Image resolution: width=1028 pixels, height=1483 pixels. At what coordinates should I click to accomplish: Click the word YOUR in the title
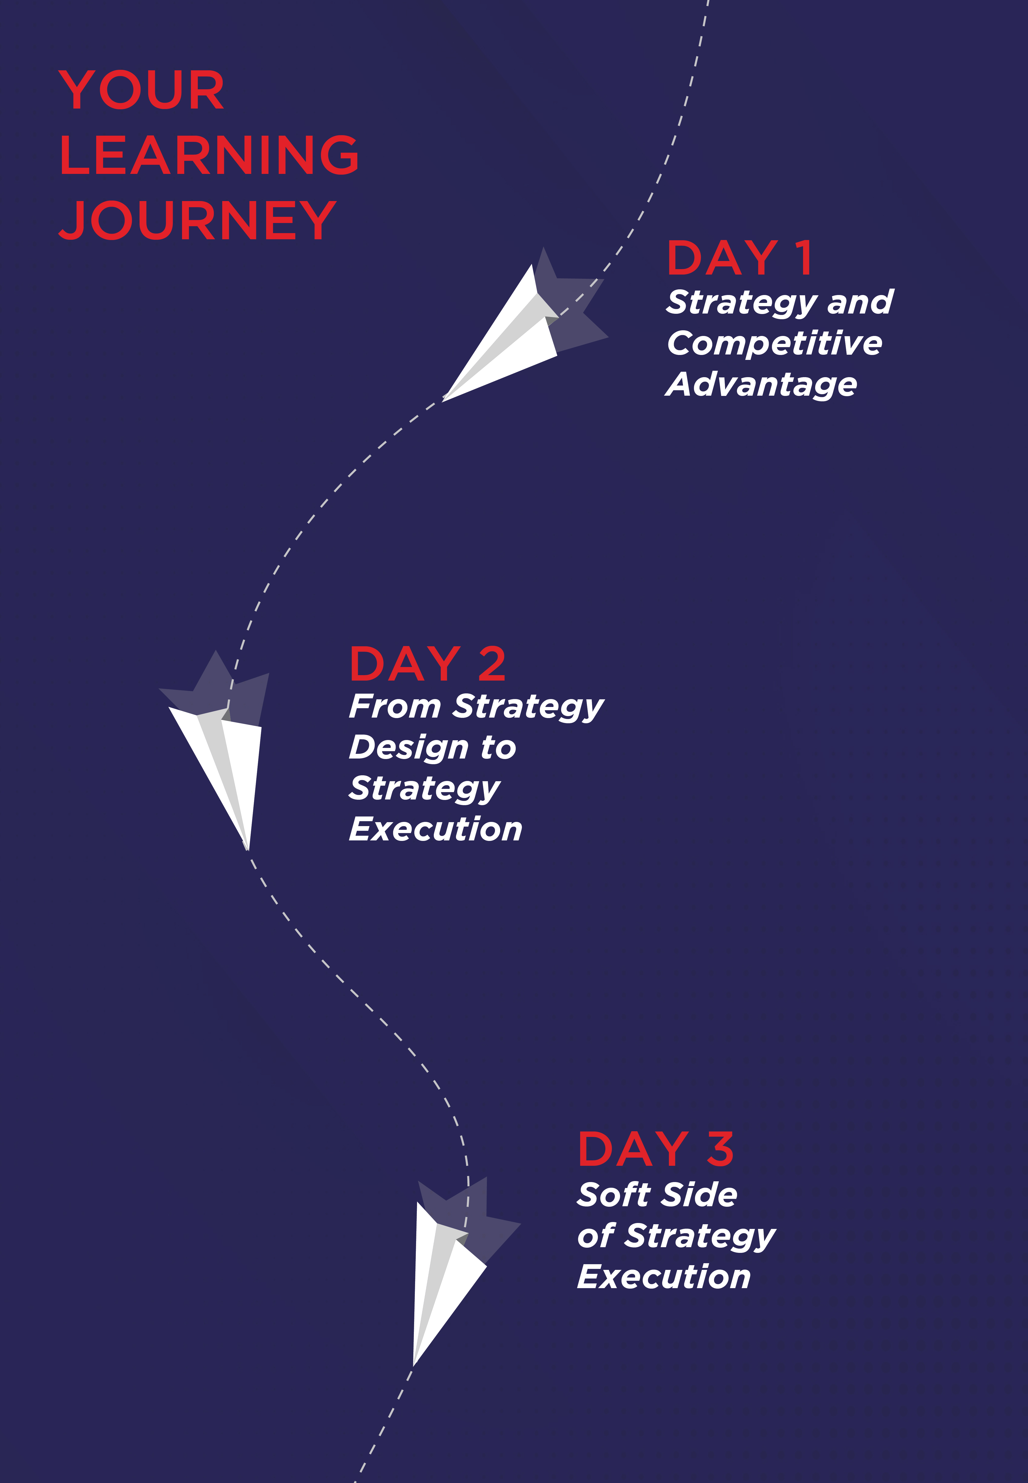pyautogui.click(x=142, y=90)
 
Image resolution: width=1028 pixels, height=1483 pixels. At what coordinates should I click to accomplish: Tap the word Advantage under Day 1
pyautogui.click(x=761, y=385)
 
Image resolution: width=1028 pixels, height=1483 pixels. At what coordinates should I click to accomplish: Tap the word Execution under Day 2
pyautogui.click(x=435, y=829)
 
